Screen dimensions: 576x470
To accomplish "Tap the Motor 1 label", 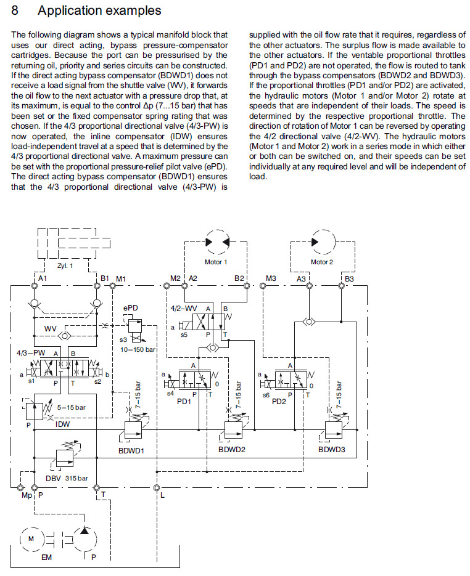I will [x=216, y=262].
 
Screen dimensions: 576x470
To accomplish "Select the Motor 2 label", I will [x=321, y=262].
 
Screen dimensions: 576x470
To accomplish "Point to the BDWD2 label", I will [x=231, y=450].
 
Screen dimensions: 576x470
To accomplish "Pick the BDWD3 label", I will [x=332, y=450].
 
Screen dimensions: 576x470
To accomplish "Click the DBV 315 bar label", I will [x=67, y=478].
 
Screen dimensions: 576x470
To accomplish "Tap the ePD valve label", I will [x=130, y=307].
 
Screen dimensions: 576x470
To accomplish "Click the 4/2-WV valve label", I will [x=183, y=307].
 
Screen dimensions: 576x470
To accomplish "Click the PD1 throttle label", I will [x=184, y=401].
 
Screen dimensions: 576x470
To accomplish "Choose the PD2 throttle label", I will [x=279, y=401].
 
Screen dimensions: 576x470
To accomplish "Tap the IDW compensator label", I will [x=63, y=424].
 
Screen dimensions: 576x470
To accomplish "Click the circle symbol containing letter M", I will [x=31, y=538].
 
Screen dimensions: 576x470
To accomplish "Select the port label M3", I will [x=271, y=279].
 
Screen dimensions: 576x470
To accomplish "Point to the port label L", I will [x=162, y=494].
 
